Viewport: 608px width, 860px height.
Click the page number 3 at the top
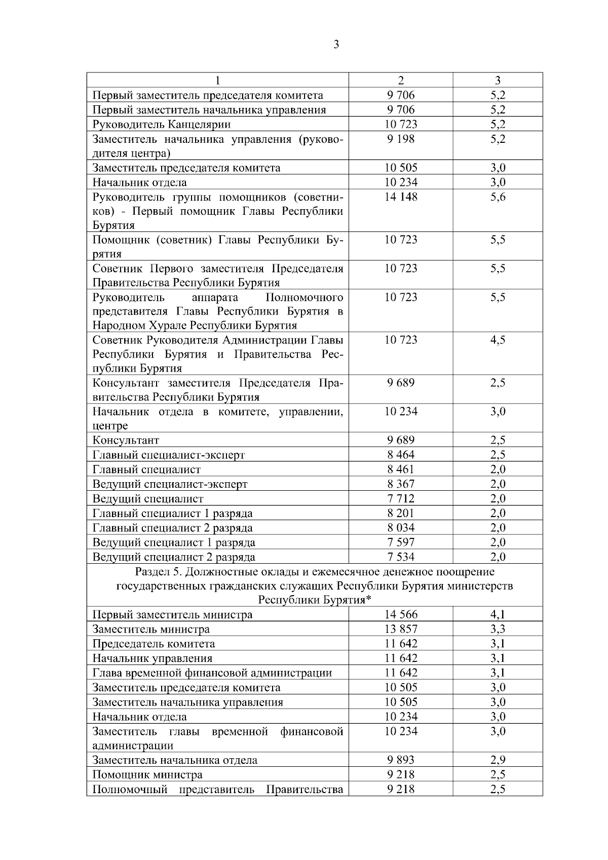coord(336,46)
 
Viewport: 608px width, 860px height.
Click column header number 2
coord(401,81)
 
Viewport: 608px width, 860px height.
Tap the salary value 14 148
coord(401,197)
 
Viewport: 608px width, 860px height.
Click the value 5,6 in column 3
coord(498,197)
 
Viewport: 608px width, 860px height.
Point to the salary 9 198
coord(401,139)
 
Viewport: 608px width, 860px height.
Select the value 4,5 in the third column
coord(498,340)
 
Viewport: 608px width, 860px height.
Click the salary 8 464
coord(401,455)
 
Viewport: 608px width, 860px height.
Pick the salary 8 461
coord(401,470)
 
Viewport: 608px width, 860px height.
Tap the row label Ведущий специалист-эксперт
coord(170,484)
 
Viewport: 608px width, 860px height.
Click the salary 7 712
coord(401,499)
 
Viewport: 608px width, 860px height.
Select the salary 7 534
coord(401,557)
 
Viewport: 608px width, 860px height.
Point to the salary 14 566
coord(401,615)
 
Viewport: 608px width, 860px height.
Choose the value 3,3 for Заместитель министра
coord(498,630)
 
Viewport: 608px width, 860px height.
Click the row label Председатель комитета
coord(154,644)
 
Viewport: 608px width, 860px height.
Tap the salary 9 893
coord(401,760)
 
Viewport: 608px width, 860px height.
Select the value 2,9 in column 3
coord(498,760)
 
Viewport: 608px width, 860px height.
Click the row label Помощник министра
coord(147,775)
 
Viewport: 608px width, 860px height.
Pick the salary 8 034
coord(401,528)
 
